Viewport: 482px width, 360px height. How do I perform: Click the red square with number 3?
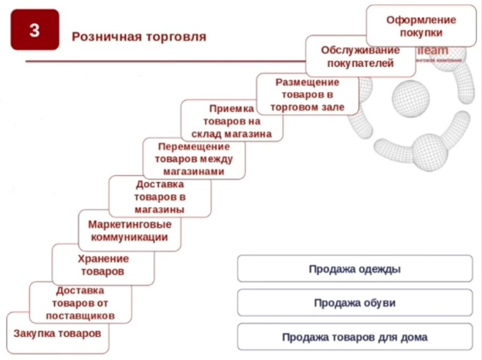pyautogui.click(x=34, y=30)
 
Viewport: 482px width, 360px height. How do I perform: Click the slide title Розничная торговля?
pyautogui.click(x=139, y=37)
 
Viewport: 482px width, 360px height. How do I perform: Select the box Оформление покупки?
pyautogui.click(x=421, y=26)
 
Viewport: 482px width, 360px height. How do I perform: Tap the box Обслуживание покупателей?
pyautogui.click(x=360, y=57)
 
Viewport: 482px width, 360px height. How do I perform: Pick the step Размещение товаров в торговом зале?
pyautogui.click(x=307, y=95)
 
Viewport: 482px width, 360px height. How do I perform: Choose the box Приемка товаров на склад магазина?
pyautogui.click(x=231, y=121)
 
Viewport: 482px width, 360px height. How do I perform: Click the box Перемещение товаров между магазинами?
pyautogui.click(x=194, y=159)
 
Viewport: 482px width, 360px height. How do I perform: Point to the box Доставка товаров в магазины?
pyautogui.click(x=159, y=196)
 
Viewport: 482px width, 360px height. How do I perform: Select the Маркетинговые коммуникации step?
pyautogui.click(x=129, y=231)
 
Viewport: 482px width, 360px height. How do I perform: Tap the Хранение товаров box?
pyautogui.click(x=103, y=265)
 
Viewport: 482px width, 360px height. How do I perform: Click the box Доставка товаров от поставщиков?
pyautogui.click(x=80, y=303)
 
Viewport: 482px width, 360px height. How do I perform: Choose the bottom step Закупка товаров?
pyautogui.click(x=57, y=334)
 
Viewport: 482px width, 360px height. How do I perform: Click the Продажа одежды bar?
pyautogui.click(x=354, y=269)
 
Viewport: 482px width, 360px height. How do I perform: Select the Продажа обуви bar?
pyautogui.click(x=354, y=303)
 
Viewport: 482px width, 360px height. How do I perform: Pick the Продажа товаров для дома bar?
pyautogui.click(x=354, y=337)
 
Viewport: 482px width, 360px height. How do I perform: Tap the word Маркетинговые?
pyautogui.click(x=129, y=224)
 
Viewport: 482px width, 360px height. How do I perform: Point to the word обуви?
pyautogui.click(x=381, y=303)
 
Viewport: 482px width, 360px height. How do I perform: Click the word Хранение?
pyautogui.click(x=103, y=259)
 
